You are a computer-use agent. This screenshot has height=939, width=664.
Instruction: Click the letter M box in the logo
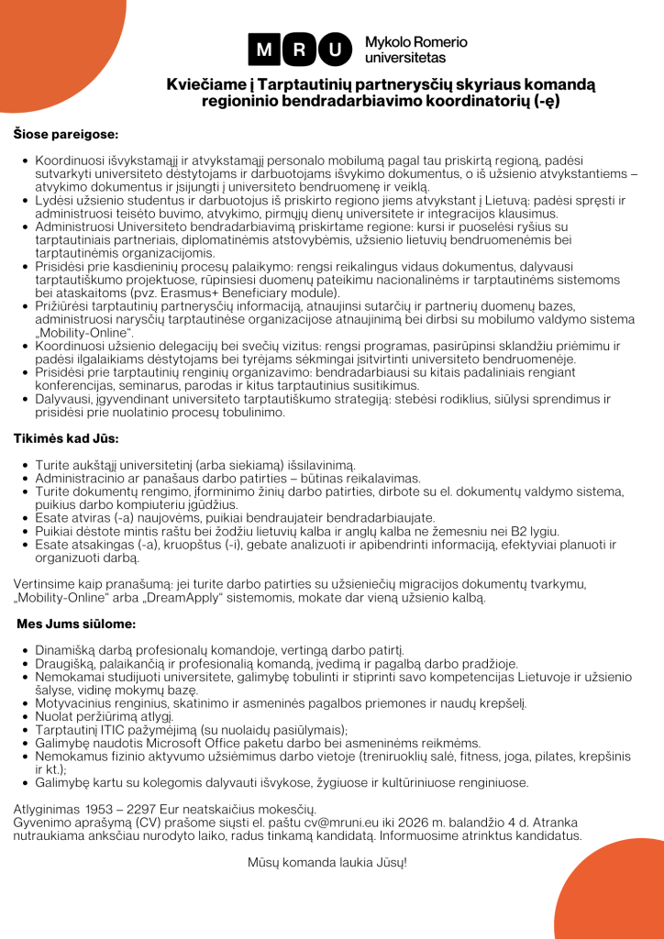265,50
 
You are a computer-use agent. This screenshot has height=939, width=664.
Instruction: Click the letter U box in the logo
337,50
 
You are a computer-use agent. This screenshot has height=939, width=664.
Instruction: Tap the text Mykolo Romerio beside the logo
415,42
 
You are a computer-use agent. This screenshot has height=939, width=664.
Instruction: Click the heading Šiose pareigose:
66,134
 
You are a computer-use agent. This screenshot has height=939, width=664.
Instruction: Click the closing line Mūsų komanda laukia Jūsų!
326,862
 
